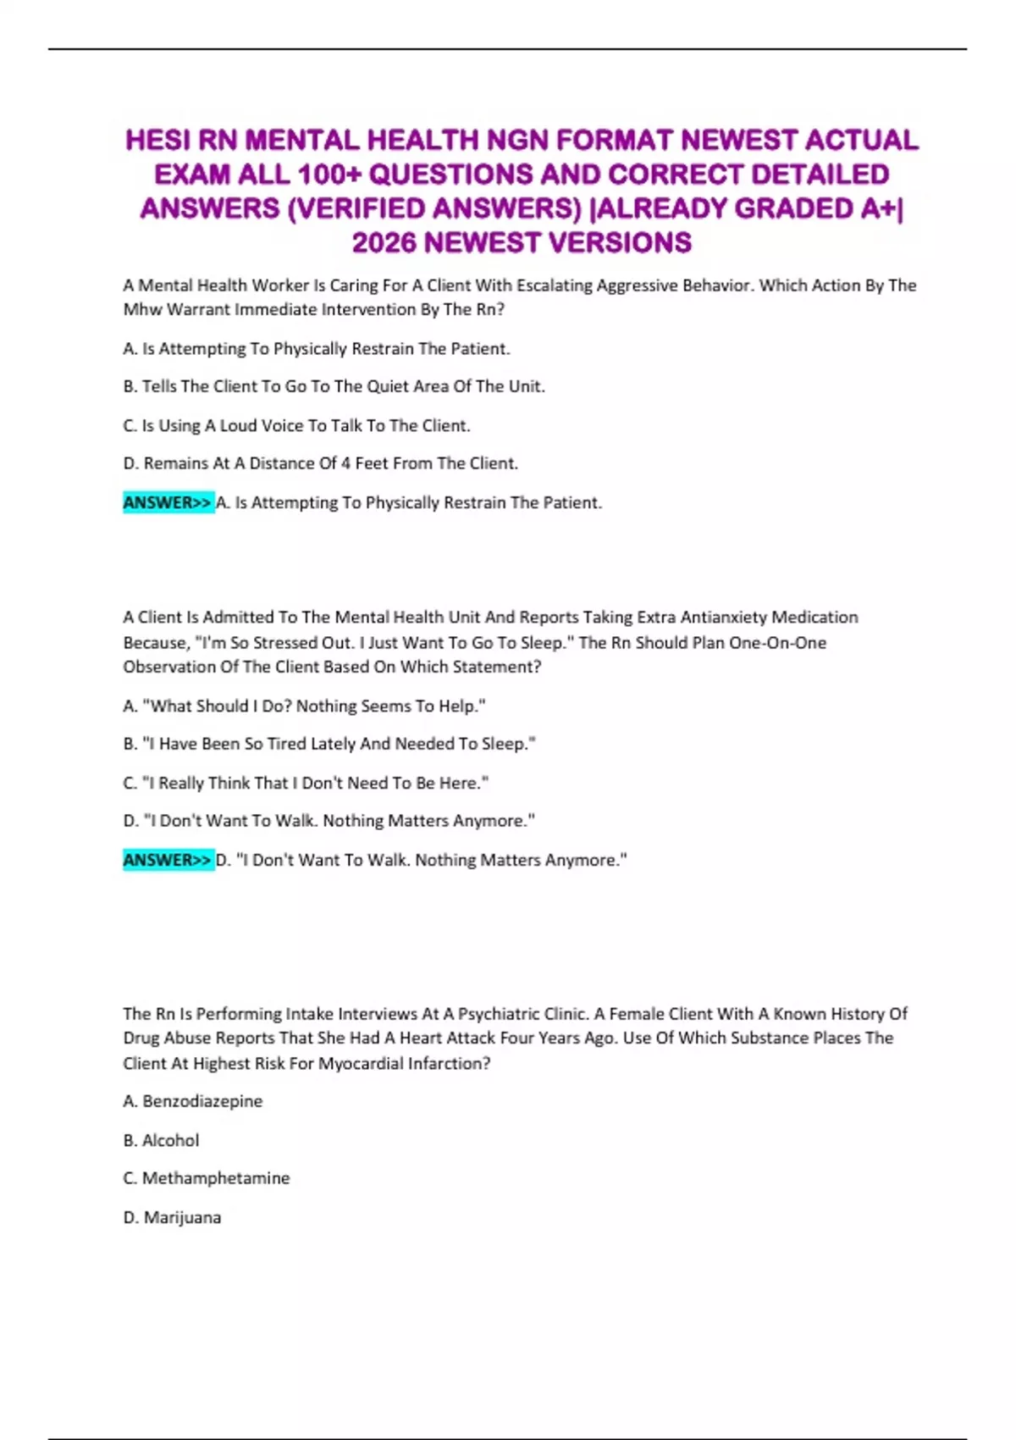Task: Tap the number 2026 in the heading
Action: point(384,243)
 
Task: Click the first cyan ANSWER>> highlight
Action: point(168,502)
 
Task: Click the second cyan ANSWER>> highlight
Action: point(168,860)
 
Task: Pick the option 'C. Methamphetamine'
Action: point(207,1178)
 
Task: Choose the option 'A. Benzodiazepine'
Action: point(193,1101)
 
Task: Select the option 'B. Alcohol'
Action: point(162,1140)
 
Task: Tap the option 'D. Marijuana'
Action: point(173,1217)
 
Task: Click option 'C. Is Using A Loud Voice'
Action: point(296,425)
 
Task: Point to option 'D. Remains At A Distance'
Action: point(320,463)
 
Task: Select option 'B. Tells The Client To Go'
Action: point(334,386)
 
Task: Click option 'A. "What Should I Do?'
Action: point(304,706)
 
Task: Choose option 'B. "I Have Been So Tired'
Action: point(329,744)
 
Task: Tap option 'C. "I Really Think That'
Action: point(306,783)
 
